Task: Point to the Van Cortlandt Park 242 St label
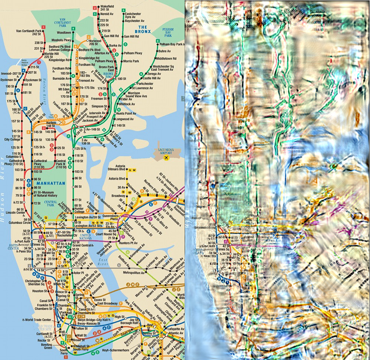[x=30, y=32]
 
